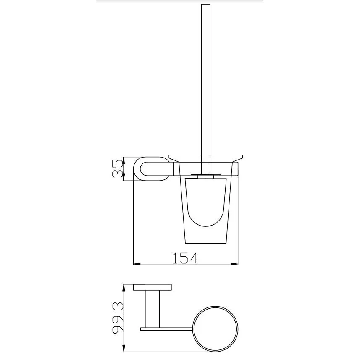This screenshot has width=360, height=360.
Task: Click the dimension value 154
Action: pyautogui.click(x=185, y=258)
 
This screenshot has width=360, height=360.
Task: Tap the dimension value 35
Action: pyautogui.click(x=118, y=169)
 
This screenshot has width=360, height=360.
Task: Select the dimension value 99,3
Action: pyautogui.click(x=118, y=318)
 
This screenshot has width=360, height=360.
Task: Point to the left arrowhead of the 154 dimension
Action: pyautogui.click(x=137, y=264)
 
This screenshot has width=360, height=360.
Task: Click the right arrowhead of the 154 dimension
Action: pyautogui.click(x=235, y=264)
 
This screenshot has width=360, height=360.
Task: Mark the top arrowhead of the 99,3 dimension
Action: pyautogui.click(x=124, y=288)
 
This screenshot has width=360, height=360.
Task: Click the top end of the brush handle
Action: pyautogui.click(x=206, y=4)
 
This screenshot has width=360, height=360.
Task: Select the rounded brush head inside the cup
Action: pyautogui.click(x=206, y=202)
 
